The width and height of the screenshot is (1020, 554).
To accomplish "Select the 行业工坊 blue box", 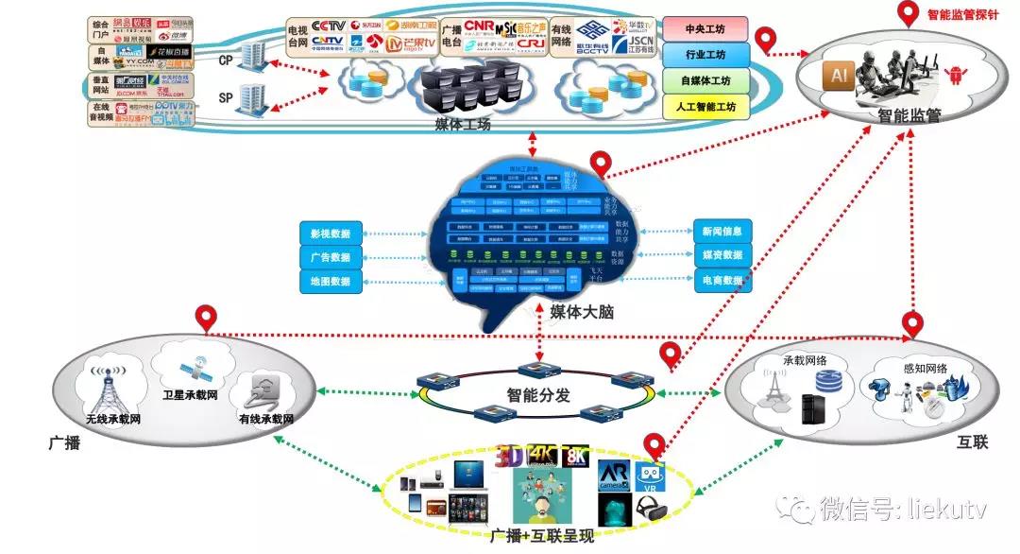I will tap(705, 54).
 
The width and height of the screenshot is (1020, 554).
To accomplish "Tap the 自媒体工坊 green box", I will tap(705, 81).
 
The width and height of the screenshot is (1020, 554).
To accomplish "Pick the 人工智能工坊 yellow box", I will tap(705, 108).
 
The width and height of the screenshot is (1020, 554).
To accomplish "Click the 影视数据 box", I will tap(330, 233).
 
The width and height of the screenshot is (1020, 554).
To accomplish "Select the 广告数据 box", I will tap(330, 257).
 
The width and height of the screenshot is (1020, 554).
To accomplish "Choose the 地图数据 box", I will tap(330, 282).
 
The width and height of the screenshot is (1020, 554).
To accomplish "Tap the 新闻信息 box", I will tap(722, 231).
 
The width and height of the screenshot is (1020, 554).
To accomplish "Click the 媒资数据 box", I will tap(722, 255).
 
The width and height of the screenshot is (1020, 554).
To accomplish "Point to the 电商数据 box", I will tap(722, 280).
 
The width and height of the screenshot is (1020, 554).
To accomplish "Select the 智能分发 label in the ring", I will tap(538, 395).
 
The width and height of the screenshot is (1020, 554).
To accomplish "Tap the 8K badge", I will tap(574, 456).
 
